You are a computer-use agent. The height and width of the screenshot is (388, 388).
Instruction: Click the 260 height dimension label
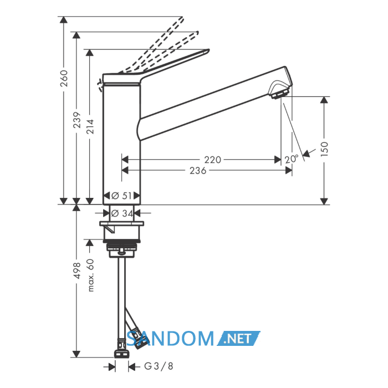[64, 79]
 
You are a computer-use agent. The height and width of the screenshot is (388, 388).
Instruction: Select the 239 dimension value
[77, 120]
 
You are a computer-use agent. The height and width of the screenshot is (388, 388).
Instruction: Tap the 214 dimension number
[90, 126]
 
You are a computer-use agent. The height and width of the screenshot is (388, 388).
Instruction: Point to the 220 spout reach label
[212, 160]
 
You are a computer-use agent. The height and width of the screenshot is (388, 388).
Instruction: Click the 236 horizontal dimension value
[198, 171]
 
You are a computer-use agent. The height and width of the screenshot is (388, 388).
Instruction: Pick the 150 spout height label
[324, 149]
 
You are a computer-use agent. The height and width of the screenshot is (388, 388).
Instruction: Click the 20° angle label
[292, 159]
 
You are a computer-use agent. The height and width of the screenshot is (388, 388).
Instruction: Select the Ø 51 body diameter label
[121, 196]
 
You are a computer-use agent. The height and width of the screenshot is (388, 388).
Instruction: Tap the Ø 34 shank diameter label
[122, 213]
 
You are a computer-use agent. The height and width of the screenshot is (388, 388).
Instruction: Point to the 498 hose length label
[77, 270]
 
